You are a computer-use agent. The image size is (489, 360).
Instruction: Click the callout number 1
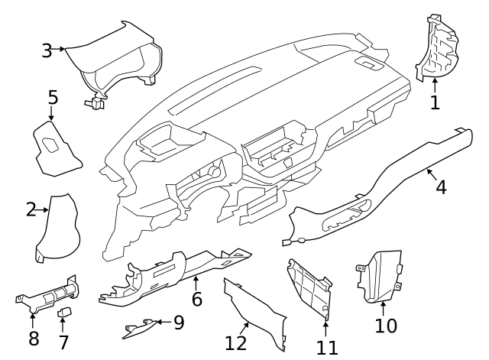click(435, 102)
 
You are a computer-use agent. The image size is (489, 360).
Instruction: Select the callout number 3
click(47, 50)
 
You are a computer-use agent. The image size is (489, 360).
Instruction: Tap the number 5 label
click(53, 97)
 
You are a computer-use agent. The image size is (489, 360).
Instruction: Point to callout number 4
click(441, 186)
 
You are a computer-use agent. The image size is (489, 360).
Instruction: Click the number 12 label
click(236, 343)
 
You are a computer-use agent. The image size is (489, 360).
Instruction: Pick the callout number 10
click(386, 326)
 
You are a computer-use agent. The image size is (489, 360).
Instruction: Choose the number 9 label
click(179, 323)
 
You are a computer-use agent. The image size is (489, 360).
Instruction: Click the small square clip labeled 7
click(66, 313)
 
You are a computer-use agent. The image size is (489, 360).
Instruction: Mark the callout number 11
click(326, 348)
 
